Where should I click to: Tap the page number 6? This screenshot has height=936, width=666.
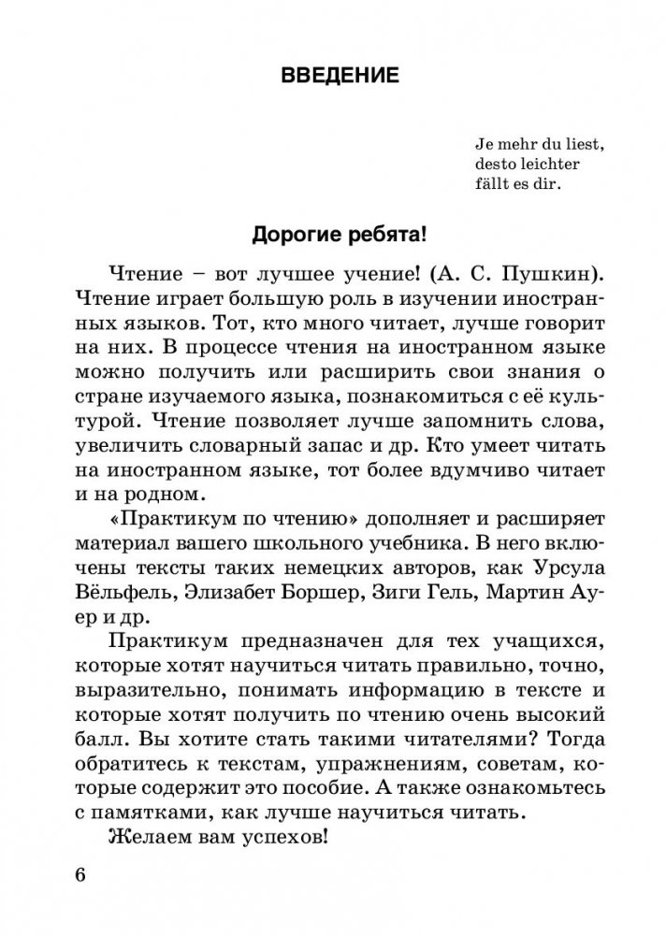(79, 876)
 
